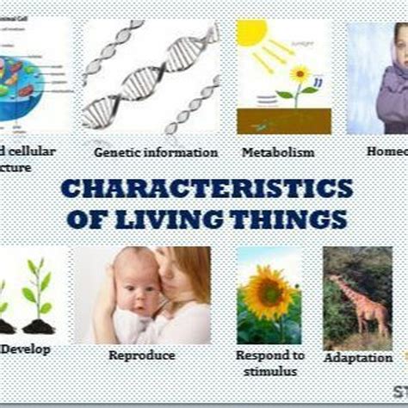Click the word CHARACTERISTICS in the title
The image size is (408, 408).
[x=206, y=189]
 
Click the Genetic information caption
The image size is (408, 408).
[x=156, y=152]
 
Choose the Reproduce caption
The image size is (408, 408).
[x=142, y=355]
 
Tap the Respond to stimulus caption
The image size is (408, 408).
[x=269, y=363]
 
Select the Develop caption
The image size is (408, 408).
[x=26, y=349]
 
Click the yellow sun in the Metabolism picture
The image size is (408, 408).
[x=252, y=34]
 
